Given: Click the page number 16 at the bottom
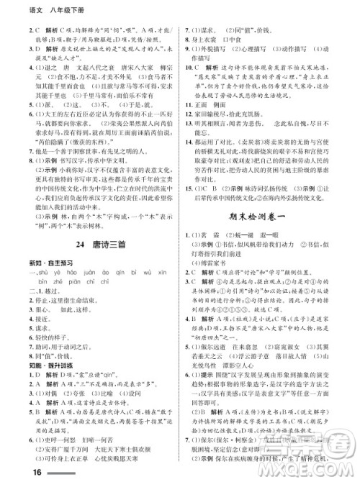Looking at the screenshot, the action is [15, 471].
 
